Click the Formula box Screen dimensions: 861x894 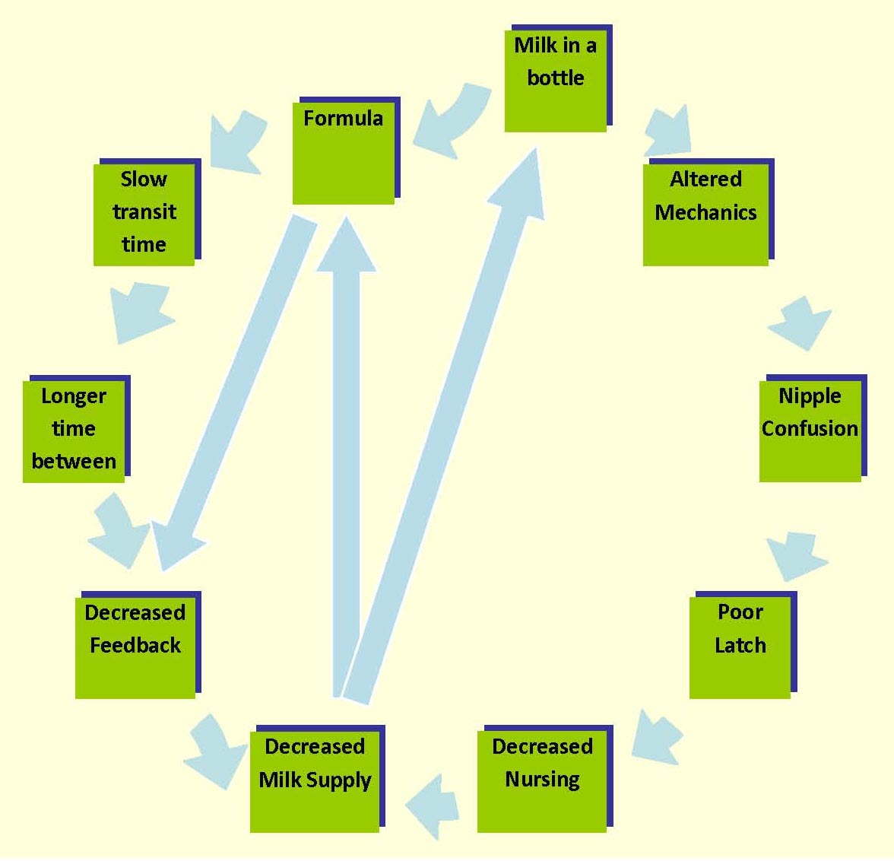point(344,152)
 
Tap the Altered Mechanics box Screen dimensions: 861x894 point(705,214)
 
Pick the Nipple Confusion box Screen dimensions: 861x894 point(810,430)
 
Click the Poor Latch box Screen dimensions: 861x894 point(740,647)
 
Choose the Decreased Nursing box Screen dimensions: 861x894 point(542,780)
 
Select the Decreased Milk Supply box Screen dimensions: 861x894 point(315,780)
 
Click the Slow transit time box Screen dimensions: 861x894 point(144,214)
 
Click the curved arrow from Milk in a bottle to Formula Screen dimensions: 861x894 point(452,122)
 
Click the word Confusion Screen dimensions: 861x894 point(810,429)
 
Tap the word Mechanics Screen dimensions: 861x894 point(705,212)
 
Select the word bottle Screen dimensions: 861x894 point(556,78)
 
